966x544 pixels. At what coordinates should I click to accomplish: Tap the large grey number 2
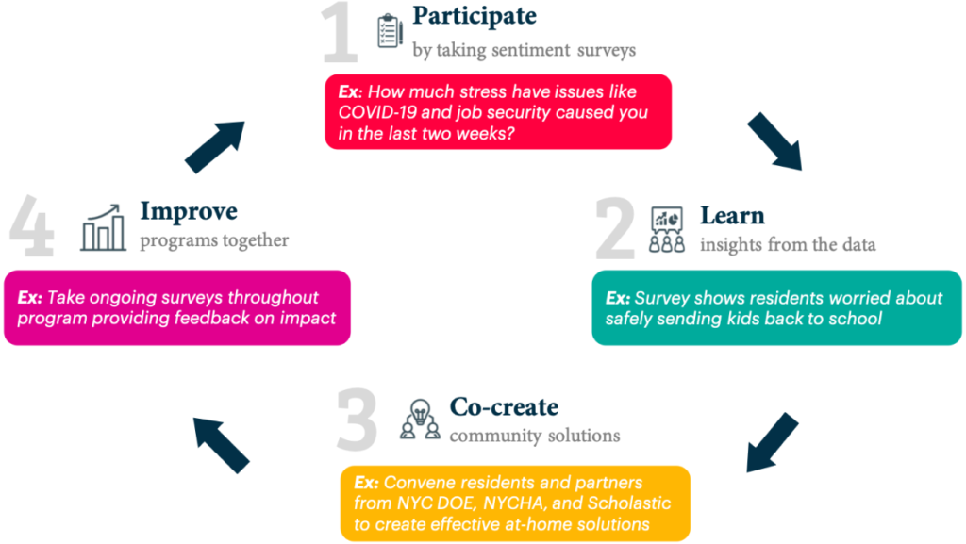615,228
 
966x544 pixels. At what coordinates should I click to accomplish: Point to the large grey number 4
32,226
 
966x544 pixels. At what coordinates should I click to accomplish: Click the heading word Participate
475,16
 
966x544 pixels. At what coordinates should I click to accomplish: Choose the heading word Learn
732,215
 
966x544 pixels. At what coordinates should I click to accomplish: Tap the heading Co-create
504,406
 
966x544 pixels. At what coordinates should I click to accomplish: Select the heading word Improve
189,212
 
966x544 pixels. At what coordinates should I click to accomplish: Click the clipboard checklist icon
390,30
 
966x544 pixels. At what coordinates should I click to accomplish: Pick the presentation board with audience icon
667,229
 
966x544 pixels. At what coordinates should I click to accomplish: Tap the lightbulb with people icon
420,419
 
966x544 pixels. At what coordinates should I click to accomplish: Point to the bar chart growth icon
103,228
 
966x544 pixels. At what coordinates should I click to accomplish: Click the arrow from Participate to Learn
775,141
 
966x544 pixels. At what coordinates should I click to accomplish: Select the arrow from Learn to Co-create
773,442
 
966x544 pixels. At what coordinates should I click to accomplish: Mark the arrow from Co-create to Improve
221,446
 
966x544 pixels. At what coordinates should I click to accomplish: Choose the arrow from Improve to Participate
215,147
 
